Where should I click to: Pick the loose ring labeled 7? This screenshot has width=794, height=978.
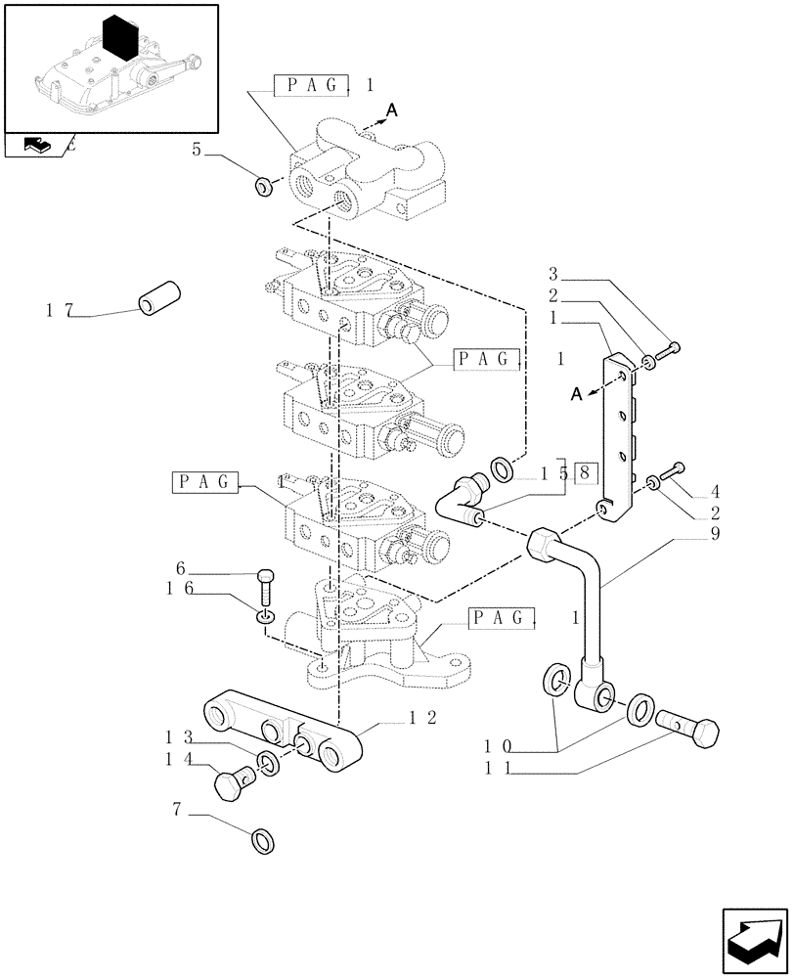263,839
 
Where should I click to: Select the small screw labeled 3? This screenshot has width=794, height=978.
670,349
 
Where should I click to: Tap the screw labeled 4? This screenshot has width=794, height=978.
674,472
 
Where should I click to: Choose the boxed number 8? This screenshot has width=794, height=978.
584,474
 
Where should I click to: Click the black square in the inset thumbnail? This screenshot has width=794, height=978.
118,39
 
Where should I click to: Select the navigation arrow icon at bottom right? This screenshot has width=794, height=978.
754,940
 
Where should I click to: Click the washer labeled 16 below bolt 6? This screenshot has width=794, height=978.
265,616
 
